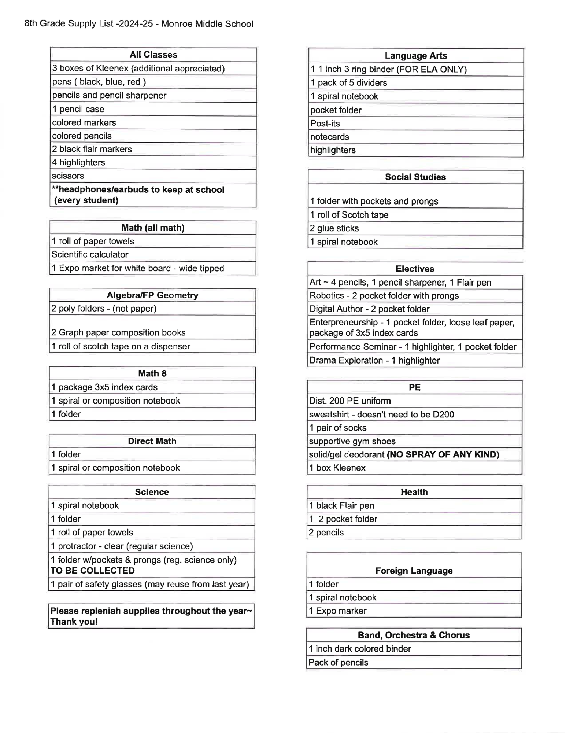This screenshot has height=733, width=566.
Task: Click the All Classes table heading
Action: (153, 55)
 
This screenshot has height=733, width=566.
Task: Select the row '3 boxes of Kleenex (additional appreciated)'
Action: (138, 69)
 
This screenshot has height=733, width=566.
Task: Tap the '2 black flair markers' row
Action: (92, 149)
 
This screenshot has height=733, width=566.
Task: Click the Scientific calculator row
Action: (90, 254)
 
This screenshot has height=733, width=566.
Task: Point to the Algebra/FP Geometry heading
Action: (152, 295)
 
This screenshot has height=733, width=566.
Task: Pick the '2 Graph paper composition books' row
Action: (118, 332)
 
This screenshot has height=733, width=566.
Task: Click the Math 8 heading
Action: (152, 373)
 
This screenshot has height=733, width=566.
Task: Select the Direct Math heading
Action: (152, 441)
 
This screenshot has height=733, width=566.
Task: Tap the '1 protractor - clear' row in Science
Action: (122, 546)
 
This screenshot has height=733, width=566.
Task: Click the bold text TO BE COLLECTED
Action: (93, 571)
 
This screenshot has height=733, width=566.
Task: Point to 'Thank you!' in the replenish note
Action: (74, 622)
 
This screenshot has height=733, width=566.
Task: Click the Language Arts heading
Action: (416, 56)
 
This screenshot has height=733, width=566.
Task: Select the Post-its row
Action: (325, 124)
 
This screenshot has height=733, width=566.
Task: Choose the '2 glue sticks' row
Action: (334, 228)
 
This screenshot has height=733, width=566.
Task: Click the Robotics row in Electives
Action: (384, 296)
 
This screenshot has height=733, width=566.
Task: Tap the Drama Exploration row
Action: (374, 360)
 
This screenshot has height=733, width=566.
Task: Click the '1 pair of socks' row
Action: (338, 428)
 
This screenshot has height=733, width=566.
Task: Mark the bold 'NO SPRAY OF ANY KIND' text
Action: (443, 454)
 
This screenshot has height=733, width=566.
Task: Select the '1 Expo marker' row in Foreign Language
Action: (337, 611)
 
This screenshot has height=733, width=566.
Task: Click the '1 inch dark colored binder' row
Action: (360, 649)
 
